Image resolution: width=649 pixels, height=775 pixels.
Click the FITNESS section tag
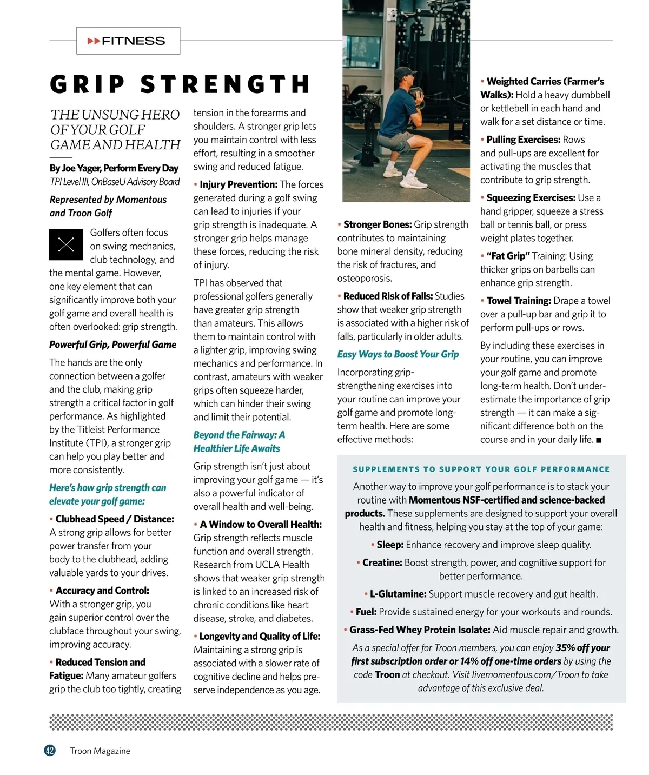click(x=128, y=41)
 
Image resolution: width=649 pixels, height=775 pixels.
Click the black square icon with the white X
click(x=66, y=244)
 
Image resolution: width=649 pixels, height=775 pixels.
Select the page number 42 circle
click(x=50, y=750)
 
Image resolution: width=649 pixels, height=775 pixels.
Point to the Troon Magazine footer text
click(x=100, y=751)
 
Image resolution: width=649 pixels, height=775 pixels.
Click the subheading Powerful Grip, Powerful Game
click(x=112, y=345)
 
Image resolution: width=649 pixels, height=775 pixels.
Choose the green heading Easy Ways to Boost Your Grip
click(x=398, y=354)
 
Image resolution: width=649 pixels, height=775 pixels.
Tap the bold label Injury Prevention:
click(x=238, y=184)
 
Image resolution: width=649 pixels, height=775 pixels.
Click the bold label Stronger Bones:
click(x=378, y=224)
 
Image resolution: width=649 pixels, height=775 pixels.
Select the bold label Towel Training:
click(x=518, y=301)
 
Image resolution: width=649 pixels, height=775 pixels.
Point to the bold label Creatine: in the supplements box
click(x=382, y=562)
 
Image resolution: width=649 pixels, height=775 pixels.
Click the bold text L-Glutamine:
click(x=398, y=594)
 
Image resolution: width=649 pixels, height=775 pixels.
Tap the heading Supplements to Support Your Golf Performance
click(x=481, y=469)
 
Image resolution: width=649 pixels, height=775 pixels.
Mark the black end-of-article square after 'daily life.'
click(x=599, y=440)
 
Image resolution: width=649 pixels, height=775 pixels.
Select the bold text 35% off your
click(x=582, y=647)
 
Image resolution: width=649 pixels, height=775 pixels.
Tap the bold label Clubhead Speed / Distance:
click(x=114, y=519)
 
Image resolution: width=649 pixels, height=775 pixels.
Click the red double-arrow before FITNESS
click(x=94, y=41)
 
